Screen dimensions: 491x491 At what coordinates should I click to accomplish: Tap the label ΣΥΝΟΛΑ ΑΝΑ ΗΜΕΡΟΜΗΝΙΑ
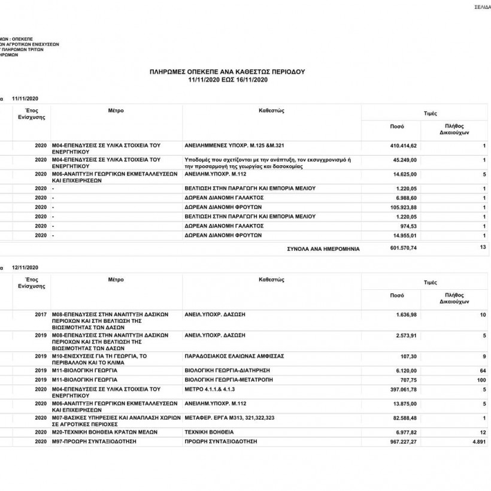[x=323, y=248]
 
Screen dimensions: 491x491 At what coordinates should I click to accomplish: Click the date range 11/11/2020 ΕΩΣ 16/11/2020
[x=227, y=80]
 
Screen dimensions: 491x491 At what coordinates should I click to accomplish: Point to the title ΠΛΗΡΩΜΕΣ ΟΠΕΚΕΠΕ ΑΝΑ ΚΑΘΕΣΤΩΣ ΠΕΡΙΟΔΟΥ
[x=227, y=72]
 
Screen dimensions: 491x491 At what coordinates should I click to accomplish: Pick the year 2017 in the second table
[x=41, y=314]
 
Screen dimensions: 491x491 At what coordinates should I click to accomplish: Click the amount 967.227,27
[x=401, y=441]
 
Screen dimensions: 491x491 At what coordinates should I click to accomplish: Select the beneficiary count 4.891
[x=477, y=441]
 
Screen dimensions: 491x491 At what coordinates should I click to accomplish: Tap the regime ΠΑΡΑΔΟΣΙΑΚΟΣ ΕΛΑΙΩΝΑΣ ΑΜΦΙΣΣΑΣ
[x=234, y=356]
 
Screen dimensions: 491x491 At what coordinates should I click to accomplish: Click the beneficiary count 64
[x=482, y=371]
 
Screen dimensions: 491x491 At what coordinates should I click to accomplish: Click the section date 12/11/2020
[x=25, y=267]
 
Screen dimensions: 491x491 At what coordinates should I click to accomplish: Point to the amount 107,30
[x=409, y=356]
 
